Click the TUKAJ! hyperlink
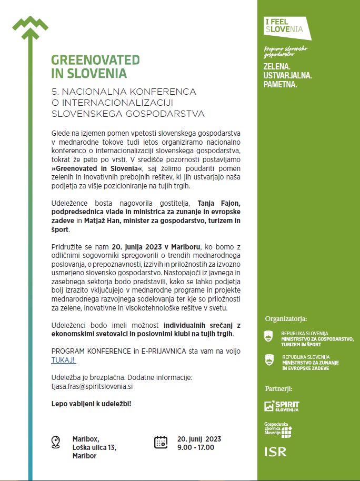[x=63, y=360]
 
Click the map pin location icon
[x=56, y=442]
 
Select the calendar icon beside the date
[x=161, y=442]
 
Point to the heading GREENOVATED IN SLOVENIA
[x=95, y=66]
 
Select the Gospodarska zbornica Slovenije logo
[x=278, y=429]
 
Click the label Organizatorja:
[x=286, y=319]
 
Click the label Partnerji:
[x=278, y=389]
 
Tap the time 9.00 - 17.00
[x=196, y=447]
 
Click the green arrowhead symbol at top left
[x=30, y=25]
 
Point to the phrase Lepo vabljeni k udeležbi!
[x=91, y=403]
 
